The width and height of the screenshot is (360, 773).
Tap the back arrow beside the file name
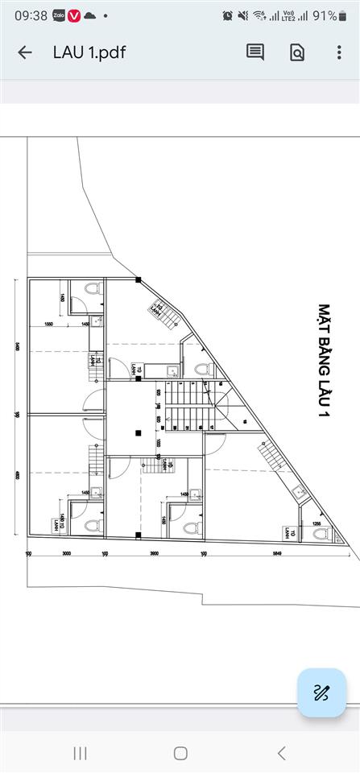25,52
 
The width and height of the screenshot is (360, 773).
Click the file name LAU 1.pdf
89,52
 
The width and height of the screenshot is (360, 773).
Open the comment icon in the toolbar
255,52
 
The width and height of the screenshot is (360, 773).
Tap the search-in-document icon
297,52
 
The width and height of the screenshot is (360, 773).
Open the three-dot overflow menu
339,52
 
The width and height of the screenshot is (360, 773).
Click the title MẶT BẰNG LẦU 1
325,360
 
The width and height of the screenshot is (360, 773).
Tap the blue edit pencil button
321,692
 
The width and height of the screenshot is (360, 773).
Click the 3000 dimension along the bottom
67,554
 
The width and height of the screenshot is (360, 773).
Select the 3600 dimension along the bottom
154,554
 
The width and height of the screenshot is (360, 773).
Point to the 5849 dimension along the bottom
276,554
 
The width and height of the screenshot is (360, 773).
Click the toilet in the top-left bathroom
93,290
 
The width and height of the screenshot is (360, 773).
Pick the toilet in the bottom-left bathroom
92,526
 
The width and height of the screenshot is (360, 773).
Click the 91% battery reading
325,15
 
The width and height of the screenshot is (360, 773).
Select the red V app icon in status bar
74,15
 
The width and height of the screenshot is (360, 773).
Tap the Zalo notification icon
58,15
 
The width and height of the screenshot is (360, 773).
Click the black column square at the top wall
139,279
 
